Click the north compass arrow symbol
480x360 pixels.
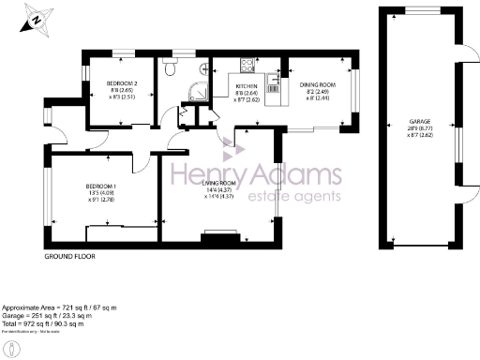coord(33,18)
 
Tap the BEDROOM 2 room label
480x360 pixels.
coord(121,83)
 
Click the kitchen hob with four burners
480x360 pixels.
coord(248,67)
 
